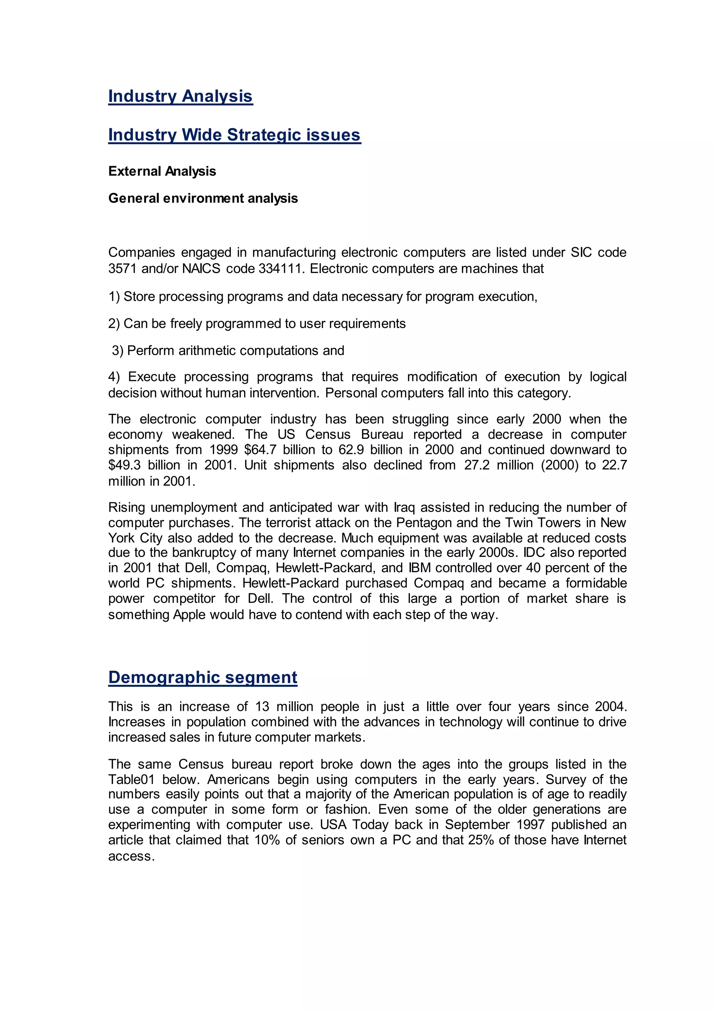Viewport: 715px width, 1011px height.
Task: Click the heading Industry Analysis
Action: click(x=180, y=96)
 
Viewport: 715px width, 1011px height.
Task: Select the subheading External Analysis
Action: click(x=162, y=171)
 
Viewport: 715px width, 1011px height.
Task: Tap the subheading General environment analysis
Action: click(x=203, y=198)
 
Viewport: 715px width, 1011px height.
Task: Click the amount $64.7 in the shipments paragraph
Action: click(x=260, y=450)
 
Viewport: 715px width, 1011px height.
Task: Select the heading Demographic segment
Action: click(x=202, y=677)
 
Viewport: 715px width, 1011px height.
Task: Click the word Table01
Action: click(x=131, y=780)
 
